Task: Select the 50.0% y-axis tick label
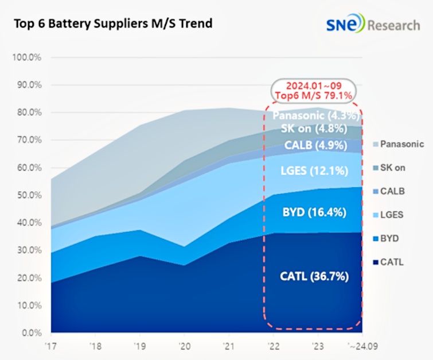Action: [27, 195]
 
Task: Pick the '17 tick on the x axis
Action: [50, 346]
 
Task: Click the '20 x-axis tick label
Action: [184, 346]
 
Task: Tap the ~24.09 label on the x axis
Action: [362, 346]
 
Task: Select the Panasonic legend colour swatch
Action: [376, 144]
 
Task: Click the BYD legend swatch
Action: [376, 238]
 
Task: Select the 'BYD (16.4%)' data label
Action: [313, 212]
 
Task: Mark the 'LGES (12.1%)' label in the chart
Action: [313, 171]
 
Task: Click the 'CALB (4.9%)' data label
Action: [313, 143]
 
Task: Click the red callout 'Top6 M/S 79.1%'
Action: [313, 95]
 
